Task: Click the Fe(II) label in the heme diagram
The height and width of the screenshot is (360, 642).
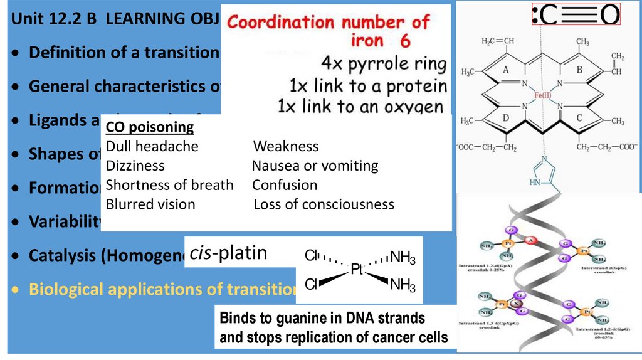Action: [x=543, y=96]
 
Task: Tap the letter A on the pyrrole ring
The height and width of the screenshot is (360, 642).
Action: [x=505, y=71]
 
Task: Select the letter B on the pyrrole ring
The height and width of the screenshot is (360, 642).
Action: [x=579, y=70]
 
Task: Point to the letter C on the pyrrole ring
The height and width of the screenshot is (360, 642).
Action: [x=579, y=116]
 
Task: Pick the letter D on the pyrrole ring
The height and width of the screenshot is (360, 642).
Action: [x=505, y=117]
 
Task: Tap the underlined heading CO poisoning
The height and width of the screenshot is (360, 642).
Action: [x=150, y=128]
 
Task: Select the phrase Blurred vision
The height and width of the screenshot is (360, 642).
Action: [x=150, y=204]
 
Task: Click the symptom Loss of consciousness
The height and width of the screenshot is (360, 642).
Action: [x=324, y=204]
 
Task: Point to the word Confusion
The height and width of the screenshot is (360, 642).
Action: [x=285, y=185]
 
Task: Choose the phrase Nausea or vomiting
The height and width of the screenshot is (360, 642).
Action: [x=315, y=166]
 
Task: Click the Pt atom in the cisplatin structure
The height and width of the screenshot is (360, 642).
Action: [x=357, y=270]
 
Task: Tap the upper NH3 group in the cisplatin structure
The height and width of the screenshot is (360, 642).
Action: [x=403, y=257]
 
